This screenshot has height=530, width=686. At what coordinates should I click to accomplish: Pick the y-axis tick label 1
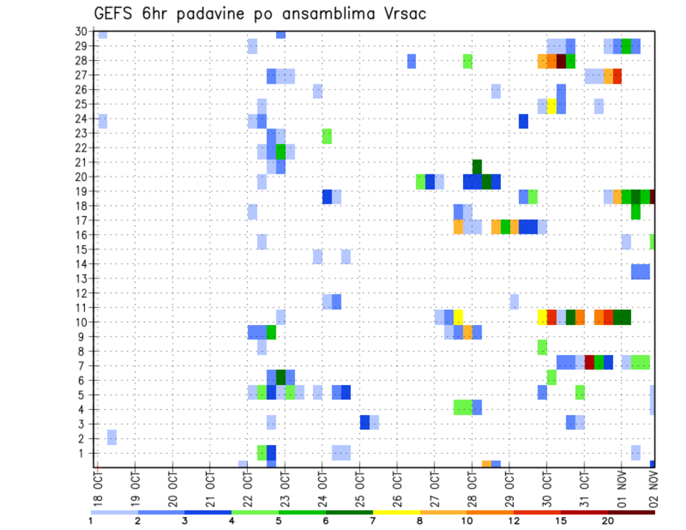[x=84, y=453]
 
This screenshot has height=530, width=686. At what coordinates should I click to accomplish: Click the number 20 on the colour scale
[x=607, y=521]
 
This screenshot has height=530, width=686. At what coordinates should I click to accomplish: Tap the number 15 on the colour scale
[x=560, y=521]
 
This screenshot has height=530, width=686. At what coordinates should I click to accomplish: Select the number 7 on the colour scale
[x=373, y=521]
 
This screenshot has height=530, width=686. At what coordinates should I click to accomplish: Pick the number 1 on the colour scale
[x=91, y=521]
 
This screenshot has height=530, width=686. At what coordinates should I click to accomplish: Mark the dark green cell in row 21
[x=477, y=166]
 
